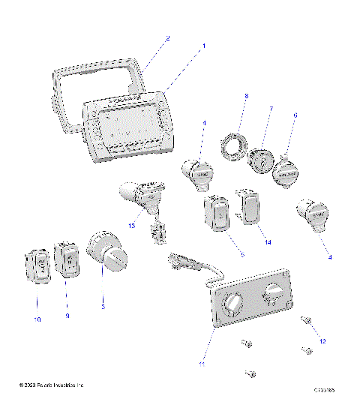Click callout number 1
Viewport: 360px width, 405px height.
(x=203, y=46)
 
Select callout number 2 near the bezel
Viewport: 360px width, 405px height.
(x=167, y=37)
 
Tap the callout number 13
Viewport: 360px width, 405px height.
(x=133, y=224)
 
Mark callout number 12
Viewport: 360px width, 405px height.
(x=323, y=341)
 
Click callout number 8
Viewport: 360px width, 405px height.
(x=244, y=96)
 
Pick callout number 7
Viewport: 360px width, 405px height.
(x=271, y=109)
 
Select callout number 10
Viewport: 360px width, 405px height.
(x=37, y=319)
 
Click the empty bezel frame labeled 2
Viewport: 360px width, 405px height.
(x=67, y=82)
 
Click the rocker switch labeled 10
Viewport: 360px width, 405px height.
(x=38, y=267)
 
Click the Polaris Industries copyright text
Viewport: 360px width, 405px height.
(x=51, y=385)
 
